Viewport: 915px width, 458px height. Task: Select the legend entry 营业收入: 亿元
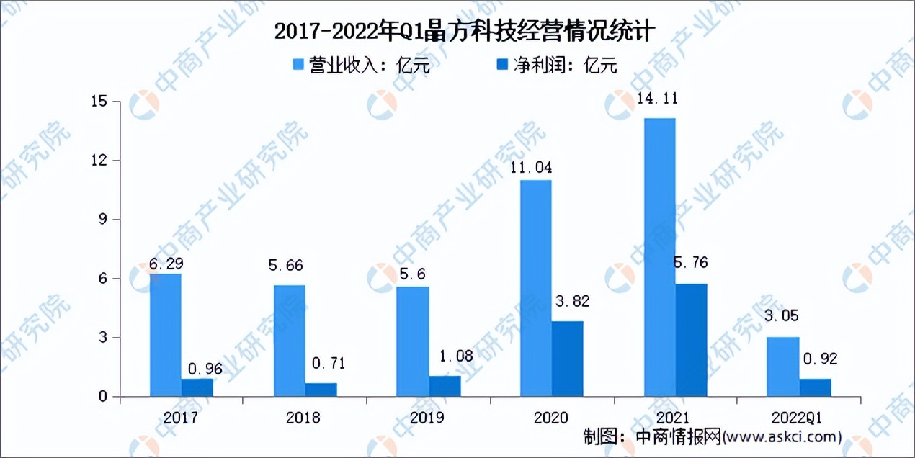pyautogui.click(x=361, y=66)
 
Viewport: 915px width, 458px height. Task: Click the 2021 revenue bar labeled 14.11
pyautogui.click(x=660, y=257)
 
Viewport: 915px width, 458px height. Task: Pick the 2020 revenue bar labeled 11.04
pyautogui.click(x=536, y=288)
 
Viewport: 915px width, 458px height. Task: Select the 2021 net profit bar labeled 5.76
pyautogui.click(x=692, y=340)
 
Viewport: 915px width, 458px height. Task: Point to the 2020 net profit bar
pyautogui.click(x=568, y=359)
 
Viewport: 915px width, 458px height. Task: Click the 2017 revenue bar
pyautogui.click(x=166, y=335)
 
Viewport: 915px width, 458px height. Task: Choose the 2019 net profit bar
pyautogui.click(x=445, y=386)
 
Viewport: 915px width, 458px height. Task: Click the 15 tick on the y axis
pyautogui.click(x=100, y=102)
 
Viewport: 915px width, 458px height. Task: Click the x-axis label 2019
pyautogui.click(x=428, y=418)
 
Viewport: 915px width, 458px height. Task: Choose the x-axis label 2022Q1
pyautogui.click(x=799, y=418)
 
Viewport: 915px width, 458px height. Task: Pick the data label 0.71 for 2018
pyautogui.click(x=326, y=363)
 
